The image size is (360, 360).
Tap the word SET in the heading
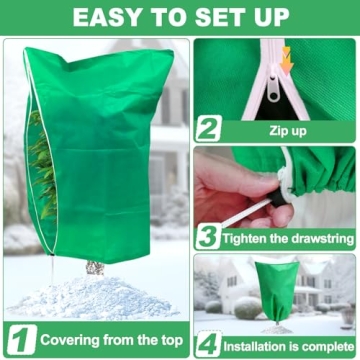click(217, 17)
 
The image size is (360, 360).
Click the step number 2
click(208, 127)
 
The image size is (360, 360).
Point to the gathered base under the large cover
click(95, 267)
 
